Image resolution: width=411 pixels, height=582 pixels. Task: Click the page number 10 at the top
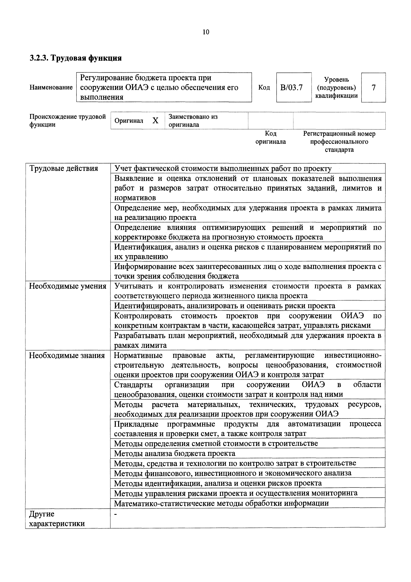click(206, 32)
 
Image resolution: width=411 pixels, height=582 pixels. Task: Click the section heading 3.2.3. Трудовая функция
click(75, 58)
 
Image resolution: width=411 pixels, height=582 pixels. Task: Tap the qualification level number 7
click(373, 87)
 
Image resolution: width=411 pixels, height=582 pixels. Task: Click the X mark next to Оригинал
click(155, 121)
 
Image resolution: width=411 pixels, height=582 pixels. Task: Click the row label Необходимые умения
click(68, 286)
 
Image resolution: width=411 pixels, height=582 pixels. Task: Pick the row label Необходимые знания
click(67, 355)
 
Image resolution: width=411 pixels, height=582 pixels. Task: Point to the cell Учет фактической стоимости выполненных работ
click(223, 168)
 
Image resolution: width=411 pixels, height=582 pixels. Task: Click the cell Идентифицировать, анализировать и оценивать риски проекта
click(224, 306)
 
